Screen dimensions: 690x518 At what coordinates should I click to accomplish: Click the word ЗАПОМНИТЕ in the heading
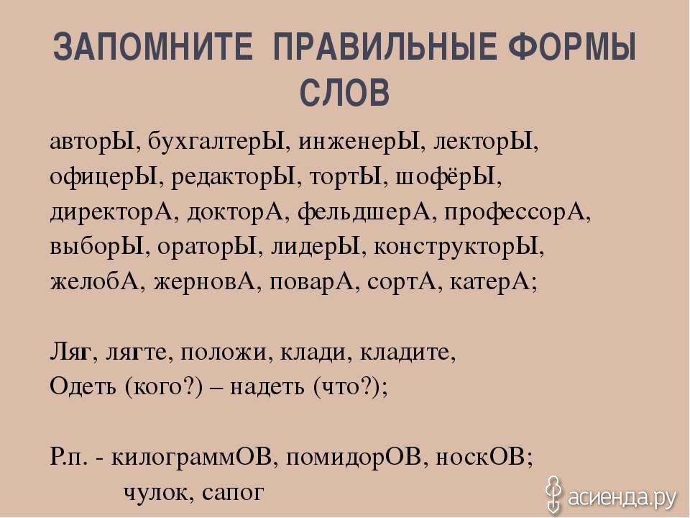(152, 46)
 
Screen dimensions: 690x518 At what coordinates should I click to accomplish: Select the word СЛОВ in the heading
(344, 93)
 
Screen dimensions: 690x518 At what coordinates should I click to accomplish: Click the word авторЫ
(92, 142)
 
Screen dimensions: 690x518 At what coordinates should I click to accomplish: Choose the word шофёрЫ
(446, 177)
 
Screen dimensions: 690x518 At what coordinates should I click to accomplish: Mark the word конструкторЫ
(456, 247)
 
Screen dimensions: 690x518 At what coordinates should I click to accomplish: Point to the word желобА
(94, 282)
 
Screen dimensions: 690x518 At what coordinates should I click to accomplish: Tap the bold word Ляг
(70, 352)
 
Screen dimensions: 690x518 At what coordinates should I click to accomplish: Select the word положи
(224, 353)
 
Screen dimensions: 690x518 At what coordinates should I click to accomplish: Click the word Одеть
(83, 387)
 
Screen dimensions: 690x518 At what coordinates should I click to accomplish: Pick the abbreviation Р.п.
(69, 458)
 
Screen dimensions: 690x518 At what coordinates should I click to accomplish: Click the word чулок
(155, 492)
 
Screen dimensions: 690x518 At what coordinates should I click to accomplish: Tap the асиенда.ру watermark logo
(612, 497)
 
